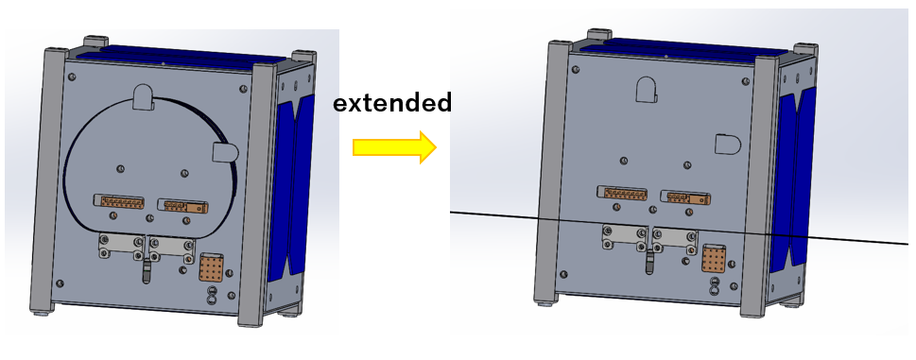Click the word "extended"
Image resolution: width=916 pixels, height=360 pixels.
pos(392,103)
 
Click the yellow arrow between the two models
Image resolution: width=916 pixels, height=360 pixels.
pos(394,147)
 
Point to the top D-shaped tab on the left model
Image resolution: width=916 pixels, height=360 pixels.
pos(143,96)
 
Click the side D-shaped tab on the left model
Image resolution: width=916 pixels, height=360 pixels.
pos(224,152)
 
